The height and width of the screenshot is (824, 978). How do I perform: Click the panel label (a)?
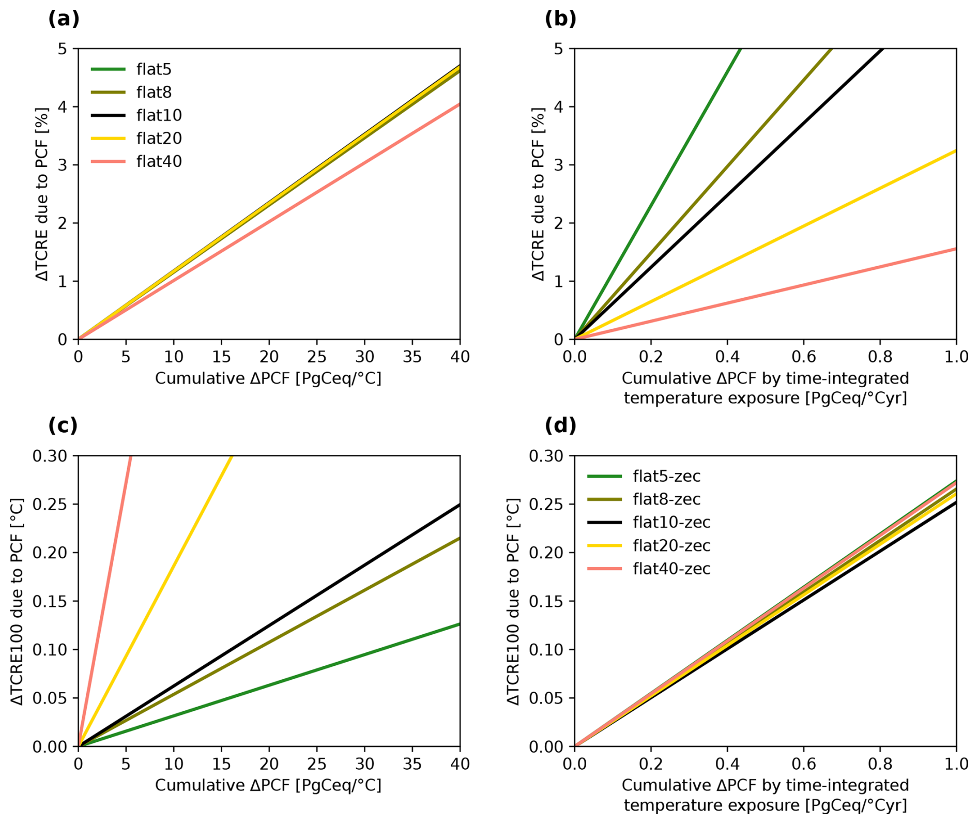click(64, 19)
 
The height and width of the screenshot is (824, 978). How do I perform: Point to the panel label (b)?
click(560, 19)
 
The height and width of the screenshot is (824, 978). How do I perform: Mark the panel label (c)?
click(63, 426)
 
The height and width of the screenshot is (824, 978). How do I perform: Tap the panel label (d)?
click(560, 426)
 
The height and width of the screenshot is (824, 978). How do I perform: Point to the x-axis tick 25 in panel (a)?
click(316, 357)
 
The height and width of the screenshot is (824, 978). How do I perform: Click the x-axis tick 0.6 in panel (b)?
click(803, 357)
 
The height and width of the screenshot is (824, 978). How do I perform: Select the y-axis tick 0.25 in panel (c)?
click(50, 505)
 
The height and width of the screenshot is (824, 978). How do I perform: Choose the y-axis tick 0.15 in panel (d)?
click(546, 601)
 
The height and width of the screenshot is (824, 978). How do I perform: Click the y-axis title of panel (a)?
click(42, 194)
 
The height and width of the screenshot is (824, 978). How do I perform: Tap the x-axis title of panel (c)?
click(268, 786)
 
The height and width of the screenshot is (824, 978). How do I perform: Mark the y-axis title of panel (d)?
click(513, 601)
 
